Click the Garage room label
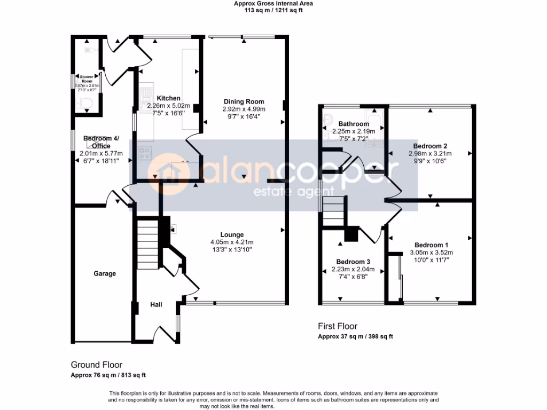tap(105, 274)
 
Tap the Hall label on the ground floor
tap(156, 304)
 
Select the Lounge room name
tap(232, 234)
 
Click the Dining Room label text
tap(244, 101)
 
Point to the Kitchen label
tap(168, 98)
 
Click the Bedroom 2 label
tap(430, 146)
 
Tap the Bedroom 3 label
tap(353, 262)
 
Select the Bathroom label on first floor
tap(353, 124)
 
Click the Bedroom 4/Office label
tap(101, 142)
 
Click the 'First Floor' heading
tap(338, 326)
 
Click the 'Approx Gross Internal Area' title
tap(273, 3)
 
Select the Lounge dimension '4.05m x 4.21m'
tap(232, 241)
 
